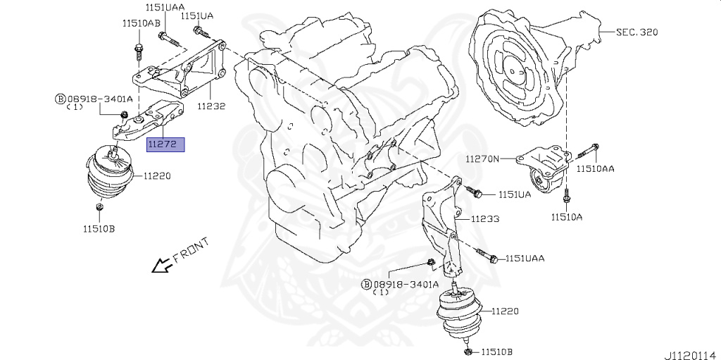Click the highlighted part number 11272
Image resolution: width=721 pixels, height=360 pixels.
pyautogui.click(x=165, y=144)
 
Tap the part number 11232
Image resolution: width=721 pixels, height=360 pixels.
pyautogui.click(x=211, y=106)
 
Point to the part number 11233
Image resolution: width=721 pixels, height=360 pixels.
pyautogui.click(x=485, y=219)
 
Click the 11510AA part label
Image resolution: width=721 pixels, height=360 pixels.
pyautogui.click(x=596, y=169)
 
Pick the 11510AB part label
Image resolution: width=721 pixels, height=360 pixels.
pyautogui.click(x=141, y=23)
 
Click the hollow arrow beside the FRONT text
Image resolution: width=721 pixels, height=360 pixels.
pyautogui.click(x=161, y=266)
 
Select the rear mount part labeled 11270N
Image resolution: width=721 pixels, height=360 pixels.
pyautogui.click(x=546, y=169)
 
